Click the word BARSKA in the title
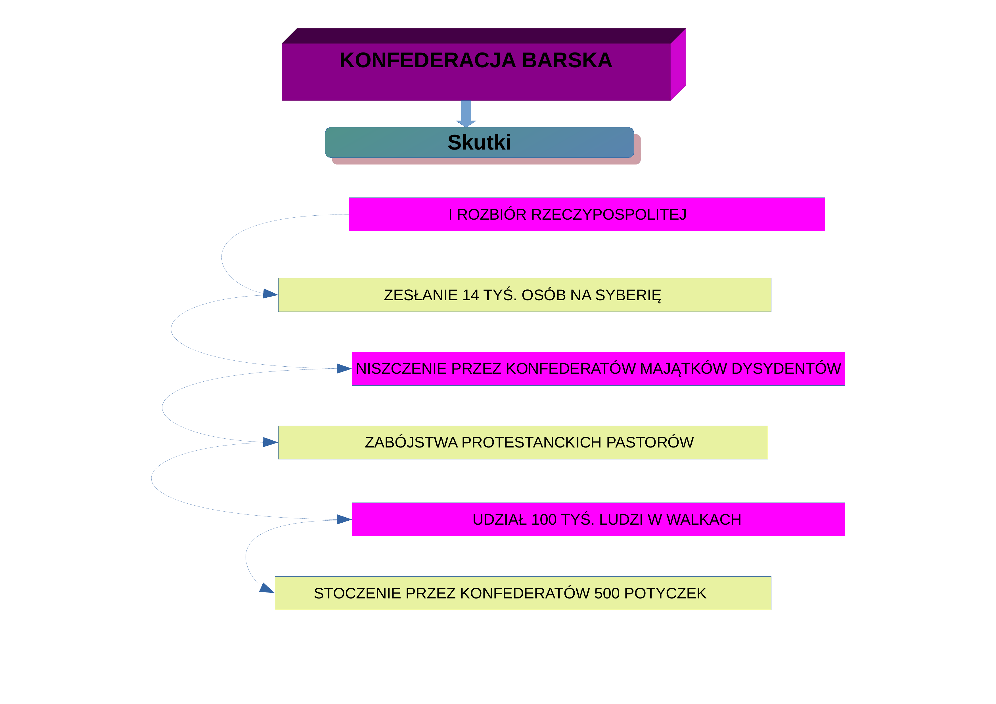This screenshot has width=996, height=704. (x=567, y=60)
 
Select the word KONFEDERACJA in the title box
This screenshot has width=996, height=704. (x=428, y=60)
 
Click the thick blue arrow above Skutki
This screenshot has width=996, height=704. (x=466, y=114)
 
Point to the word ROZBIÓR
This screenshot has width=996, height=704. (x=492, y=215)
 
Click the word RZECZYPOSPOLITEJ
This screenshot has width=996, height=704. (x=609, y=215)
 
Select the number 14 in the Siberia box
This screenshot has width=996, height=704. (x=471, y=295)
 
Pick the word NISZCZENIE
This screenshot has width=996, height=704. (x=401, y=369)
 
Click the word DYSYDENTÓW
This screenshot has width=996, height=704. (x=786, y=369)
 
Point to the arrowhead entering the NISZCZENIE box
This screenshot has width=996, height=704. (x=344, y=369)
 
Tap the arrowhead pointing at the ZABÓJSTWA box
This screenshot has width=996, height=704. (x=270, y=442)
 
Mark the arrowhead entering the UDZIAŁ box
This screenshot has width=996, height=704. (x=344, y=519)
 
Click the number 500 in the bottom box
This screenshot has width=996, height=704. (x=607, y=593)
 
